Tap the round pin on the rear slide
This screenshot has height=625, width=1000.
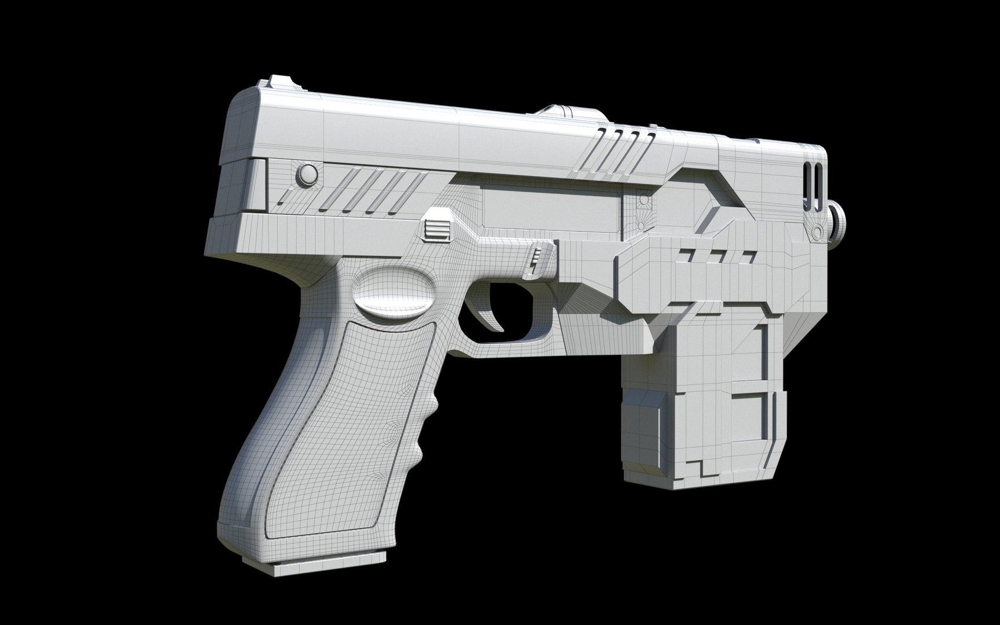click(307, 173)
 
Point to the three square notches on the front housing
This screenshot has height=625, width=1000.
click(718, 255)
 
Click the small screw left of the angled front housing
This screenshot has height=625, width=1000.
click(642, 200)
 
